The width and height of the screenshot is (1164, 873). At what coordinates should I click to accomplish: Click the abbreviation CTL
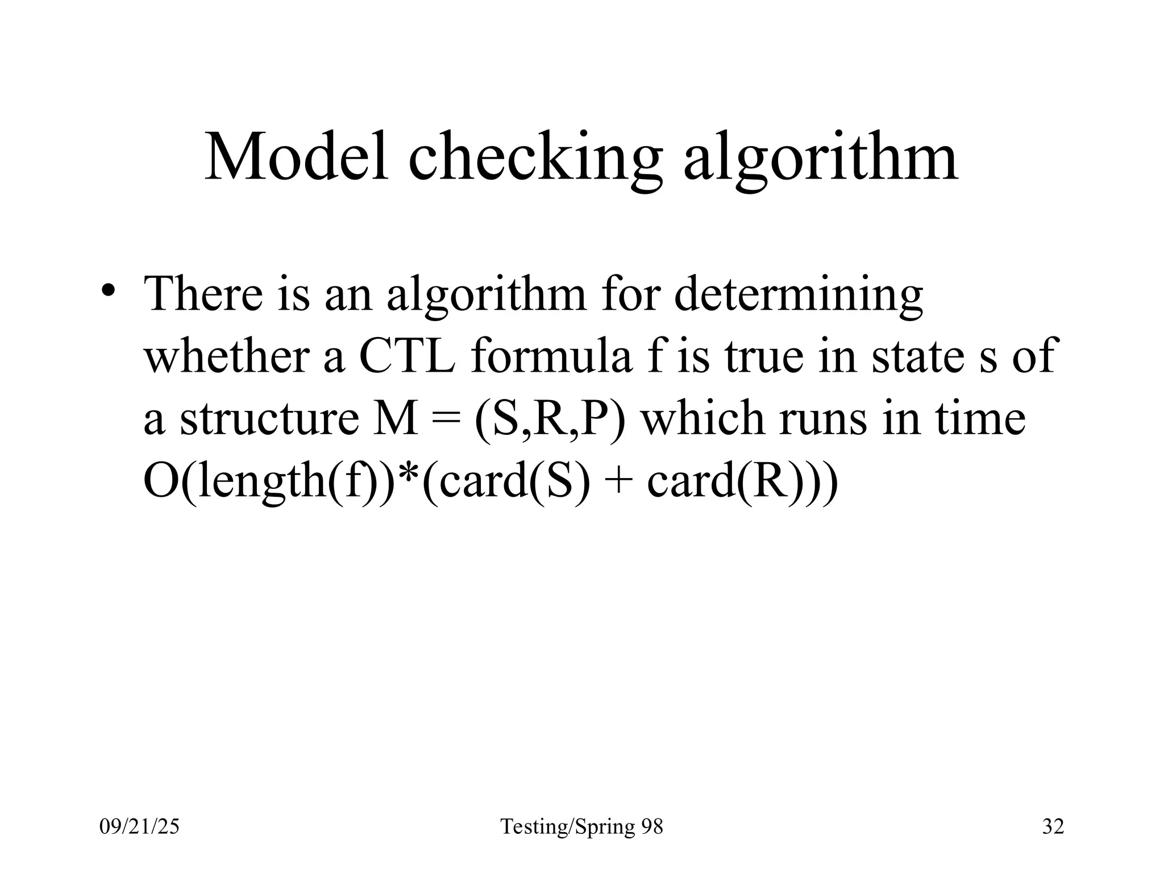point(406,356)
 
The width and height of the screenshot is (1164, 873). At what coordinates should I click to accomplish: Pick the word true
point(764,356)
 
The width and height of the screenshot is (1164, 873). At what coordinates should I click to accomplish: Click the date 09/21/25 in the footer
point(139,826)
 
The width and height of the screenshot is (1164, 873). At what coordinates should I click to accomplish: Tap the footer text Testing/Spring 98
point(581,827)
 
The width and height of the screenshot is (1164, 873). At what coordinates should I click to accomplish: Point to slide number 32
point(1053,826)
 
